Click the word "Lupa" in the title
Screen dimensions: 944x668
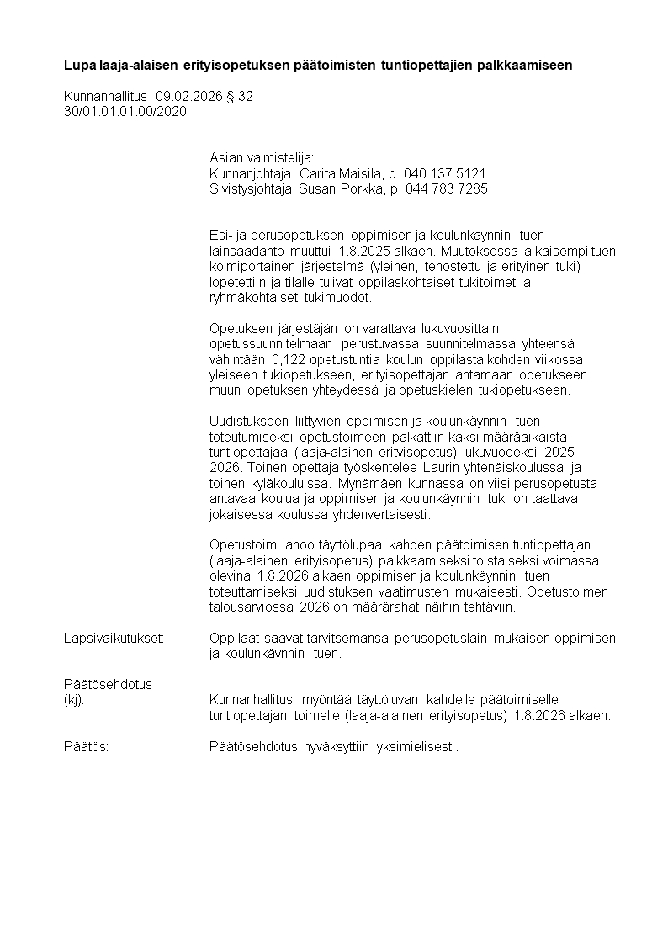pos(79,65)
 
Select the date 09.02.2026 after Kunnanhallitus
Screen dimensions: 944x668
pos(191,97)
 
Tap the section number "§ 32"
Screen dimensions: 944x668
pos(241,97)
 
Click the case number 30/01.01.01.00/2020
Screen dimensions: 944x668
pos(125,111)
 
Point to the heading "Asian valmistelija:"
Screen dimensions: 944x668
pos(261,158)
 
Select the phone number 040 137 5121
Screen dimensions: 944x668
pos(445,173)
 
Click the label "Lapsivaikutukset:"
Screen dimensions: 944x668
pos(114,639)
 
